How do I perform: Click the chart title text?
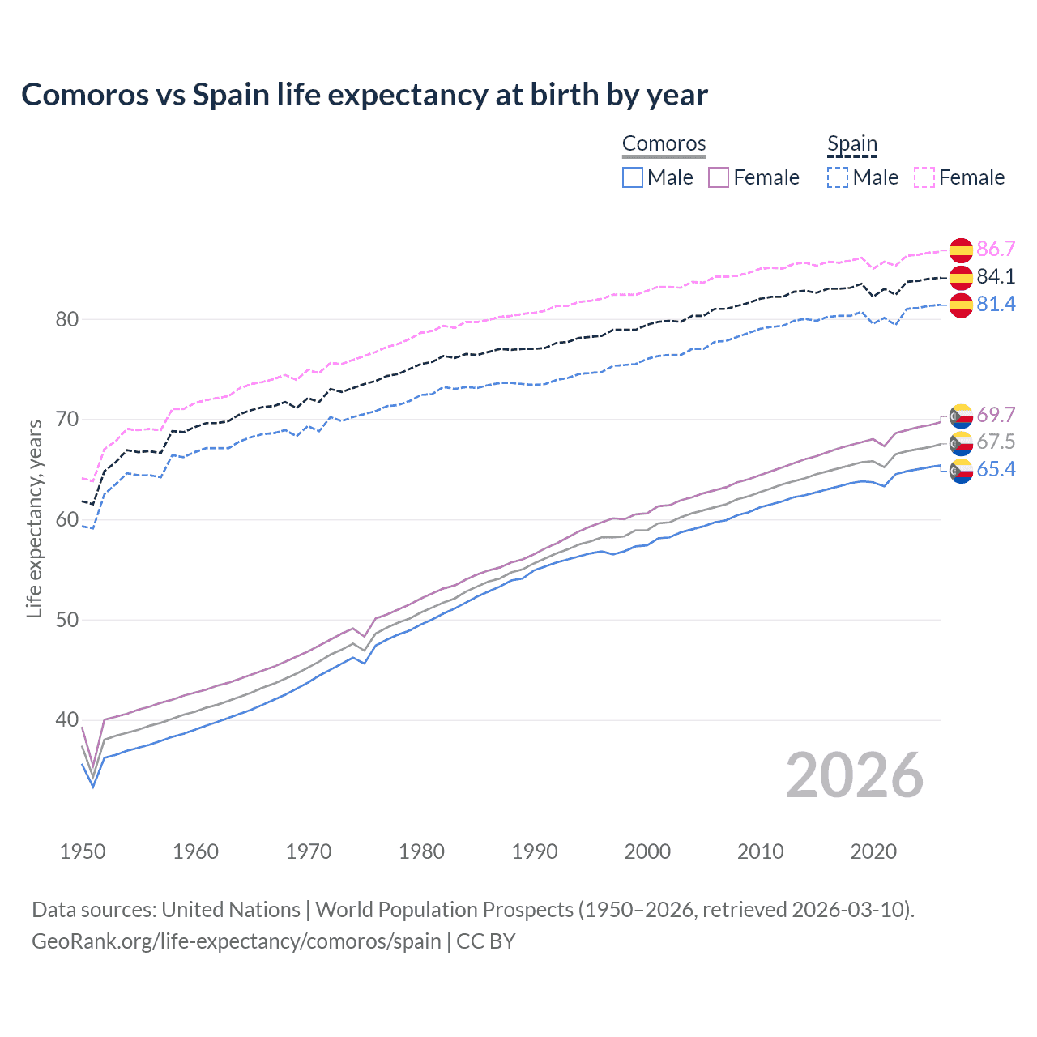365,95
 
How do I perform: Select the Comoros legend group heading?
664,144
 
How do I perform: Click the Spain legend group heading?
851,144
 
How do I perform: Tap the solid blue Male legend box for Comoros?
633,177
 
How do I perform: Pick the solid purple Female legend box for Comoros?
719,177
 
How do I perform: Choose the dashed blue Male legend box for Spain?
838,177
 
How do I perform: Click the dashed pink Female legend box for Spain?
924,177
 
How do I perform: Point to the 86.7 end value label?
996,249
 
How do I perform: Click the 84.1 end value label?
996,276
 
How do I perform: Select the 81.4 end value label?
996,304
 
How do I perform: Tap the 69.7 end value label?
996,415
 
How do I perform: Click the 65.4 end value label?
996,470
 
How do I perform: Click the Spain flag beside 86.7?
961,250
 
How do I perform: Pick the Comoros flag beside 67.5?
961,442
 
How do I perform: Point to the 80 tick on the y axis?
67,319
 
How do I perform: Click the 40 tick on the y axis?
67,719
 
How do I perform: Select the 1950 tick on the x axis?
83,851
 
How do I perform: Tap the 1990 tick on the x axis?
535,851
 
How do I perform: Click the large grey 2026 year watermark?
854,775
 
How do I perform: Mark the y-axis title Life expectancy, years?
34,518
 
